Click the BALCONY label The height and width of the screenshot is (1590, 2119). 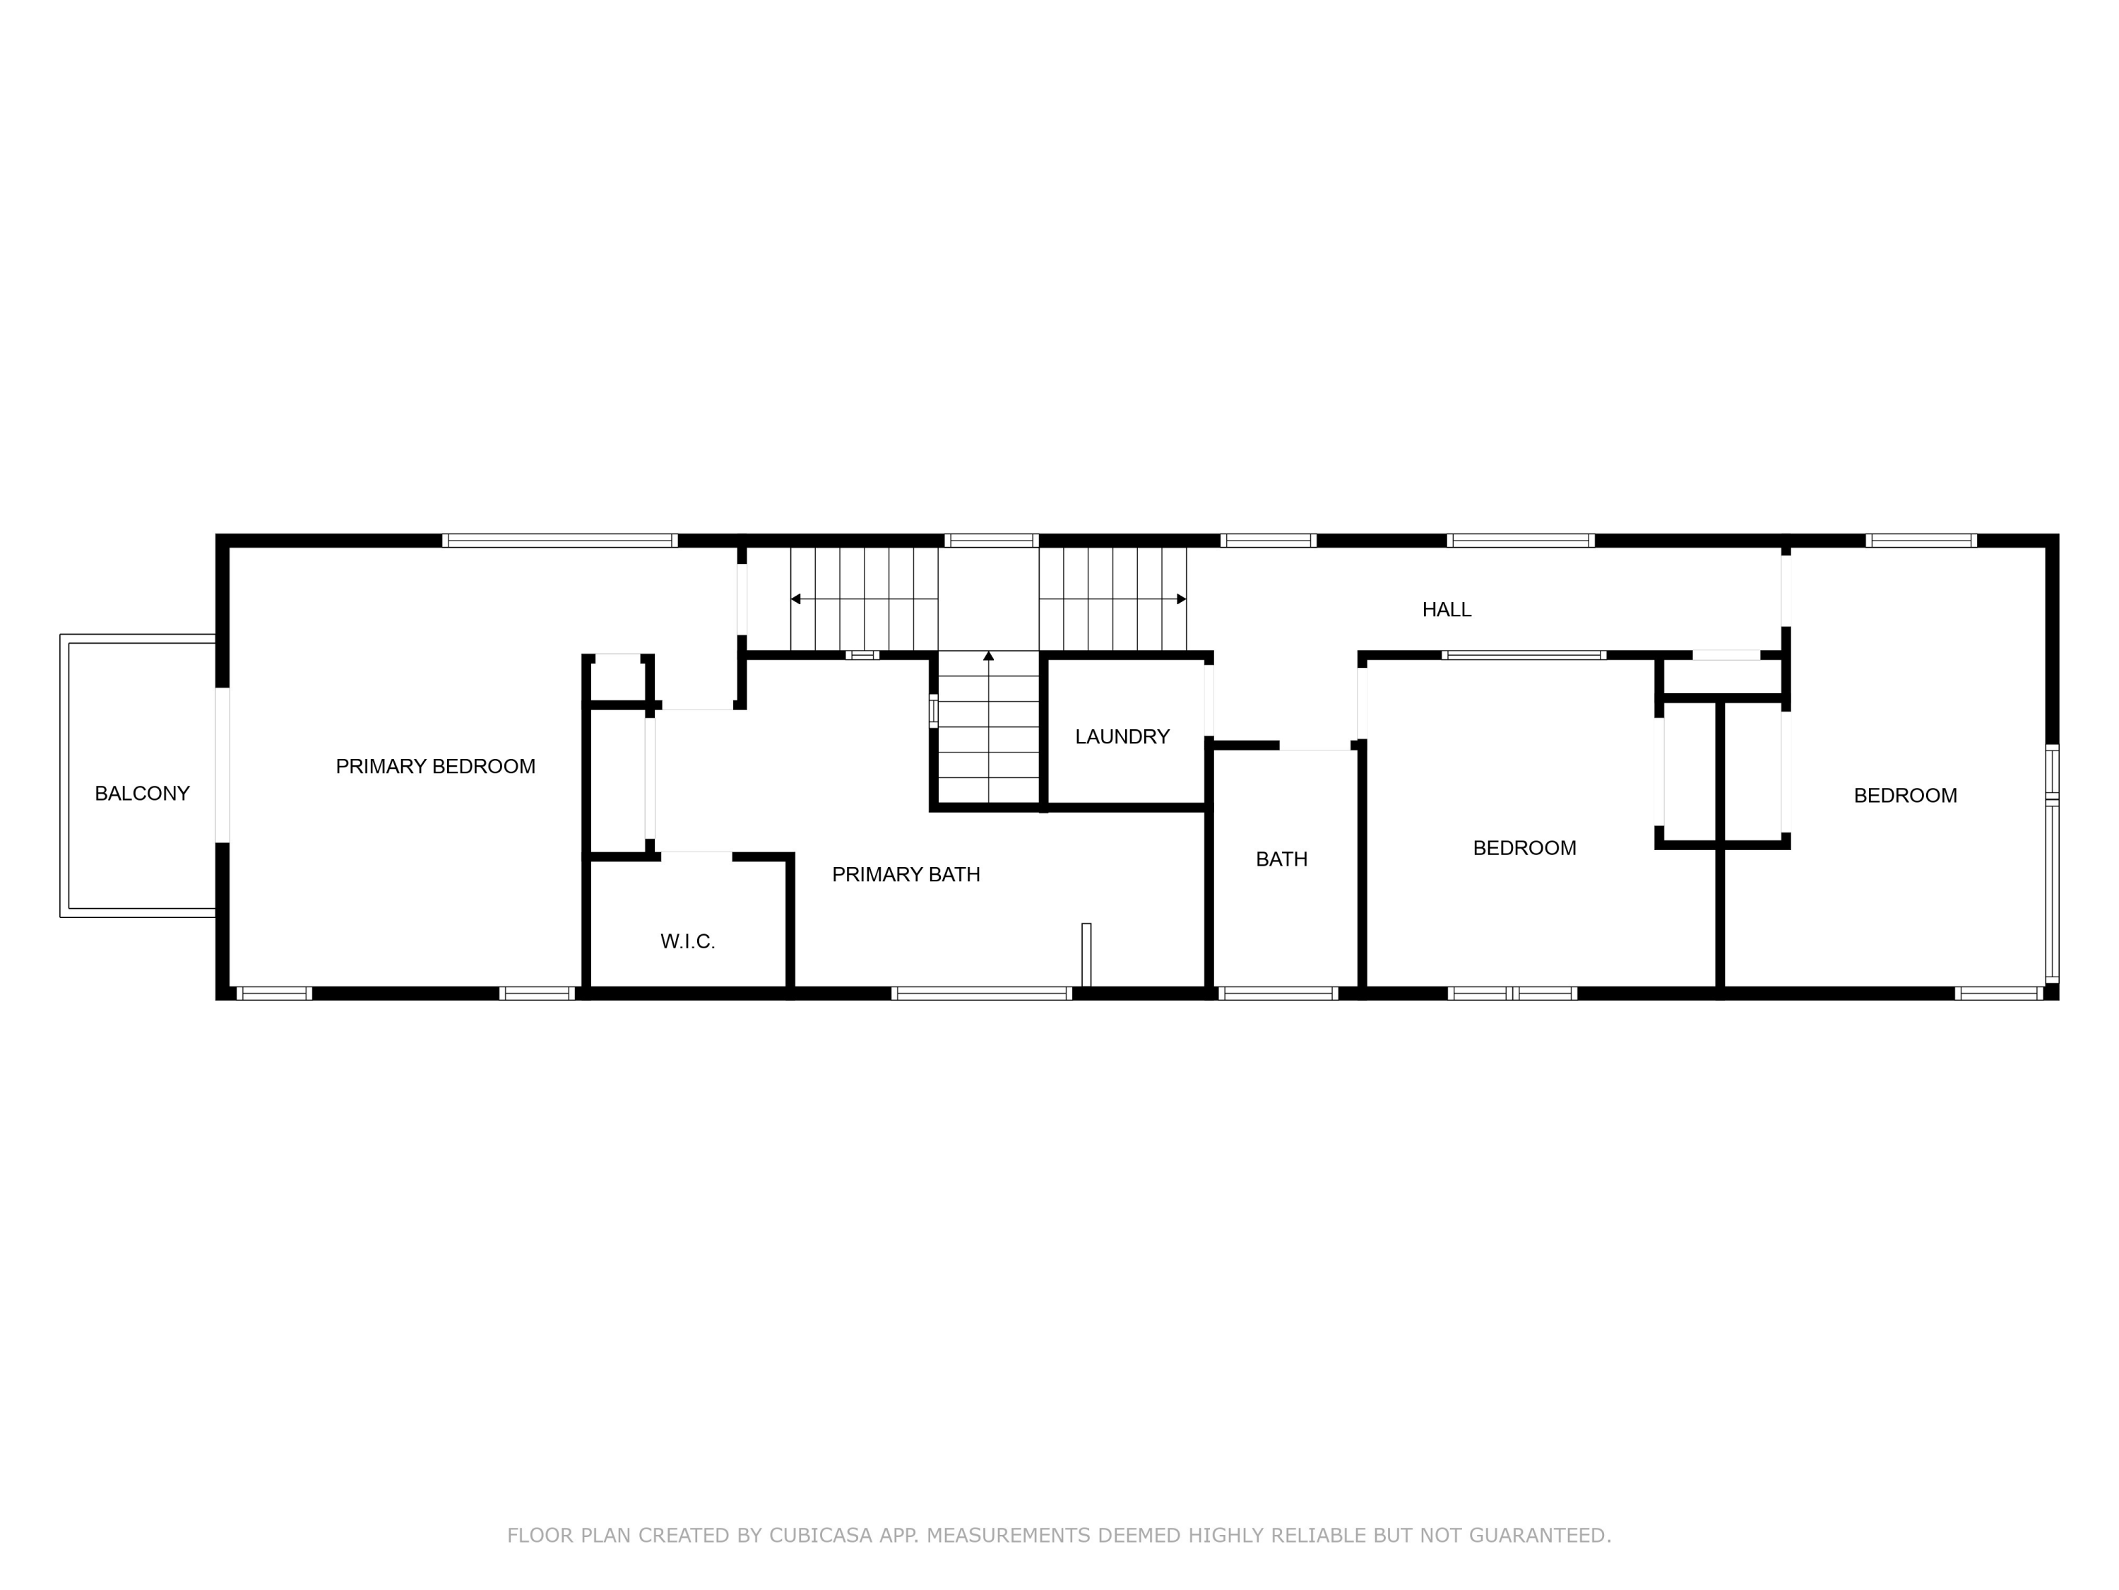coord(142,794)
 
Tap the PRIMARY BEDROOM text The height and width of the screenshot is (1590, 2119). coord(435,767)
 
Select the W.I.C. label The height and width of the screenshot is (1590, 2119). coord(688,942)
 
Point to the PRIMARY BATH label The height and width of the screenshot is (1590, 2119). coord(906,875)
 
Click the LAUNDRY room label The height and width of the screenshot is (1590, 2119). coord(1122,737)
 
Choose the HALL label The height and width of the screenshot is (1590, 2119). coord(1446,610)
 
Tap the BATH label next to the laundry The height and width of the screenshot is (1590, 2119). coord(1281,860)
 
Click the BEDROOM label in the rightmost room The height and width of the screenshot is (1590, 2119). coord(1904,796)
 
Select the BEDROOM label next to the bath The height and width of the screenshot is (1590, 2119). coord(1523,848)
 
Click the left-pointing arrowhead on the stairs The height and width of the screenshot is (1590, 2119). coord(796,599)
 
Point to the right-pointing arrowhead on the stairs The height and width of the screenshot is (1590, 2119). coord(1180,599)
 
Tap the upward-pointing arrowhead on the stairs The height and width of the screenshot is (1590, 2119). coord(989,656)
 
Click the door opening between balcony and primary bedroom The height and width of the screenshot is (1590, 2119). coord(222,765)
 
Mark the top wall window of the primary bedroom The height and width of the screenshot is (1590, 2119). coord(559,541)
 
